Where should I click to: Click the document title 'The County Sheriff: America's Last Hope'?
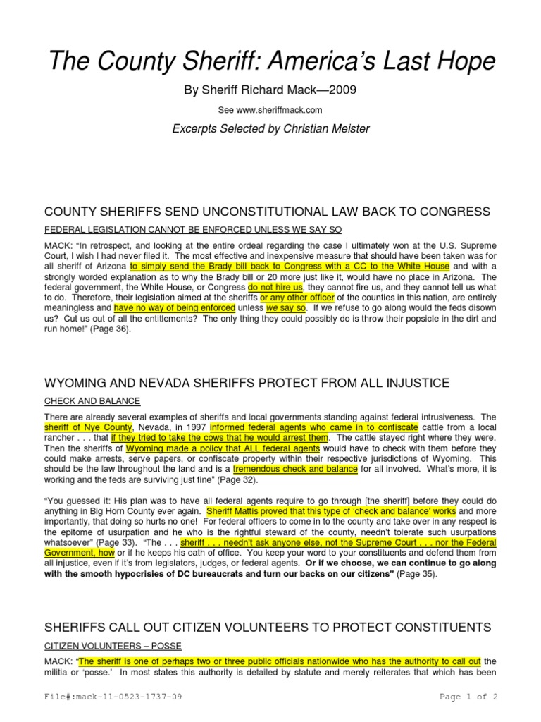(270, 61)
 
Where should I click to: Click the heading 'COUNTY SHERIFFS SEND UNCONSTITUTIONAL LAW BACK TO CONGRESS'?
(267, 212)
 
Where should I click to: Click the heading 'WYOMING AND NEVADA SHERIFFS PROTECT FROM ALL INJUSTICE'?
(247, 383)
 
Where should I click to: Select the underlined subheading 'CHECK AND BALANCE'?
(92, 400)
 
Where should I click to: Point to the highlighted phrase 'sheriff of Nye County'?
(87, 427)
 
